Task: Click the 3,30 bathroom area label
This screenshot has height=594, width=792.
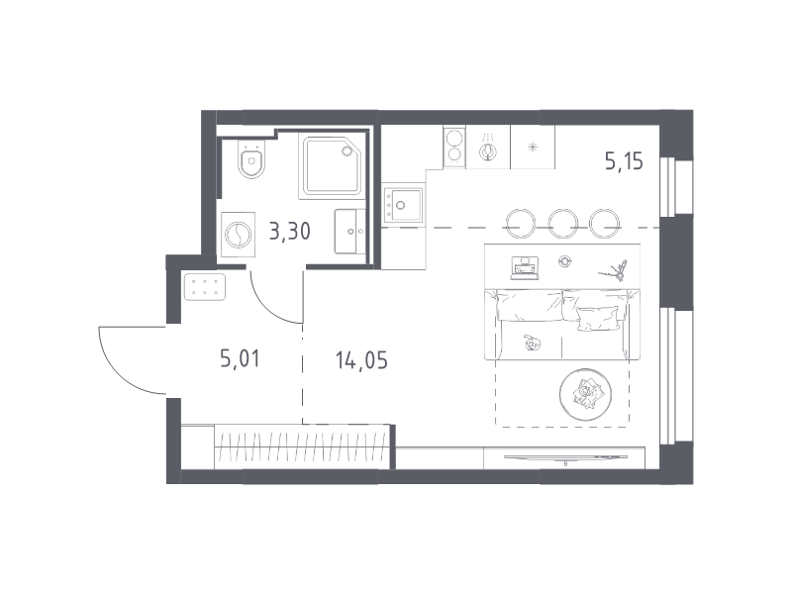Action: pyautogui.click(x=289, y=232)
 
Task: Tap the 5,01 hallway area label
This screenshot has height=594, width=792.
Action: pyautogui.click(x=240, y=359)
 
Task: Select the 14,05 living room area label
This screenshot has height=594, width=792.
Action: pyautogui.click(x=361, y=360)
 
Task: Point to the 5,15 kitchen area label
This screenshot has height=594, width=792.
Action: pyautogui.click(x=625, y=161)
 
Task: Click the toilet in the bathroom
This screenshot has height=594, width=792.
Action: pyautogui.click(x=251, y=158)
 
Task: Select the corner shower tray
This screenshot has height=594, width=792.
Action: pyautogui.click(x=333, y=164)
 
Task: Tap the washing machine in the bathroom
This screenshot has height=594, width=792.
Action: pyautogui.click(x=238, y=235)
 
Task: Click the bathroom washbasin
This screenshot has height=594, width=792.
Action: pyautogui.click(x=350, y=232)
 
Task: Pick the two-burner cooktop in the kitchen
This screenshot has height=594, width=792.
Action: pyautogui.click(x=454, y=147)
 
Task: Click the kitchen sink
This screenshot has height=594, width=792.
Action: pyautogui.click(x=403, y=205)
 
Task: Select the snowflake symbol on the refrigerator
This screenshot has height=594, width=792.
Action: pyautogui.click(x=533, y=148)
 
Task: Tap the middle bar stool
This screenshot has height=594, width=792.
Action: pyautogui.click(x=563, y=223)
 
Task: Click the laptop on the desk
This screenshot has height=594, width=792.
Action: pyautogui.click(x=525, y=267)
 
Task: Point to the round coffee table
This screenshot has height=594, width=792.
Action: pyautogui.click(x=585, y=394)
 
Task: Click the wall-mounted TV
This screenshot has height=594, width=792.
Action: pyautogui.click(x=565, y=457)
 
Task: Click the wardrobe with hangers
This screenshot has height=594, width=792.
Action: pyautogui.click(x=302, y=447)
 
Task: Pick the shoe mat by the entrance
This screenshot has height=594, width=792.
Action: pyautogui.click(x=205, y=287)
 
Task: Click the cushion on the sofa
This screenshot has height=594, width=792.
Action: pyautogui.click(x=598, y=319)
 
